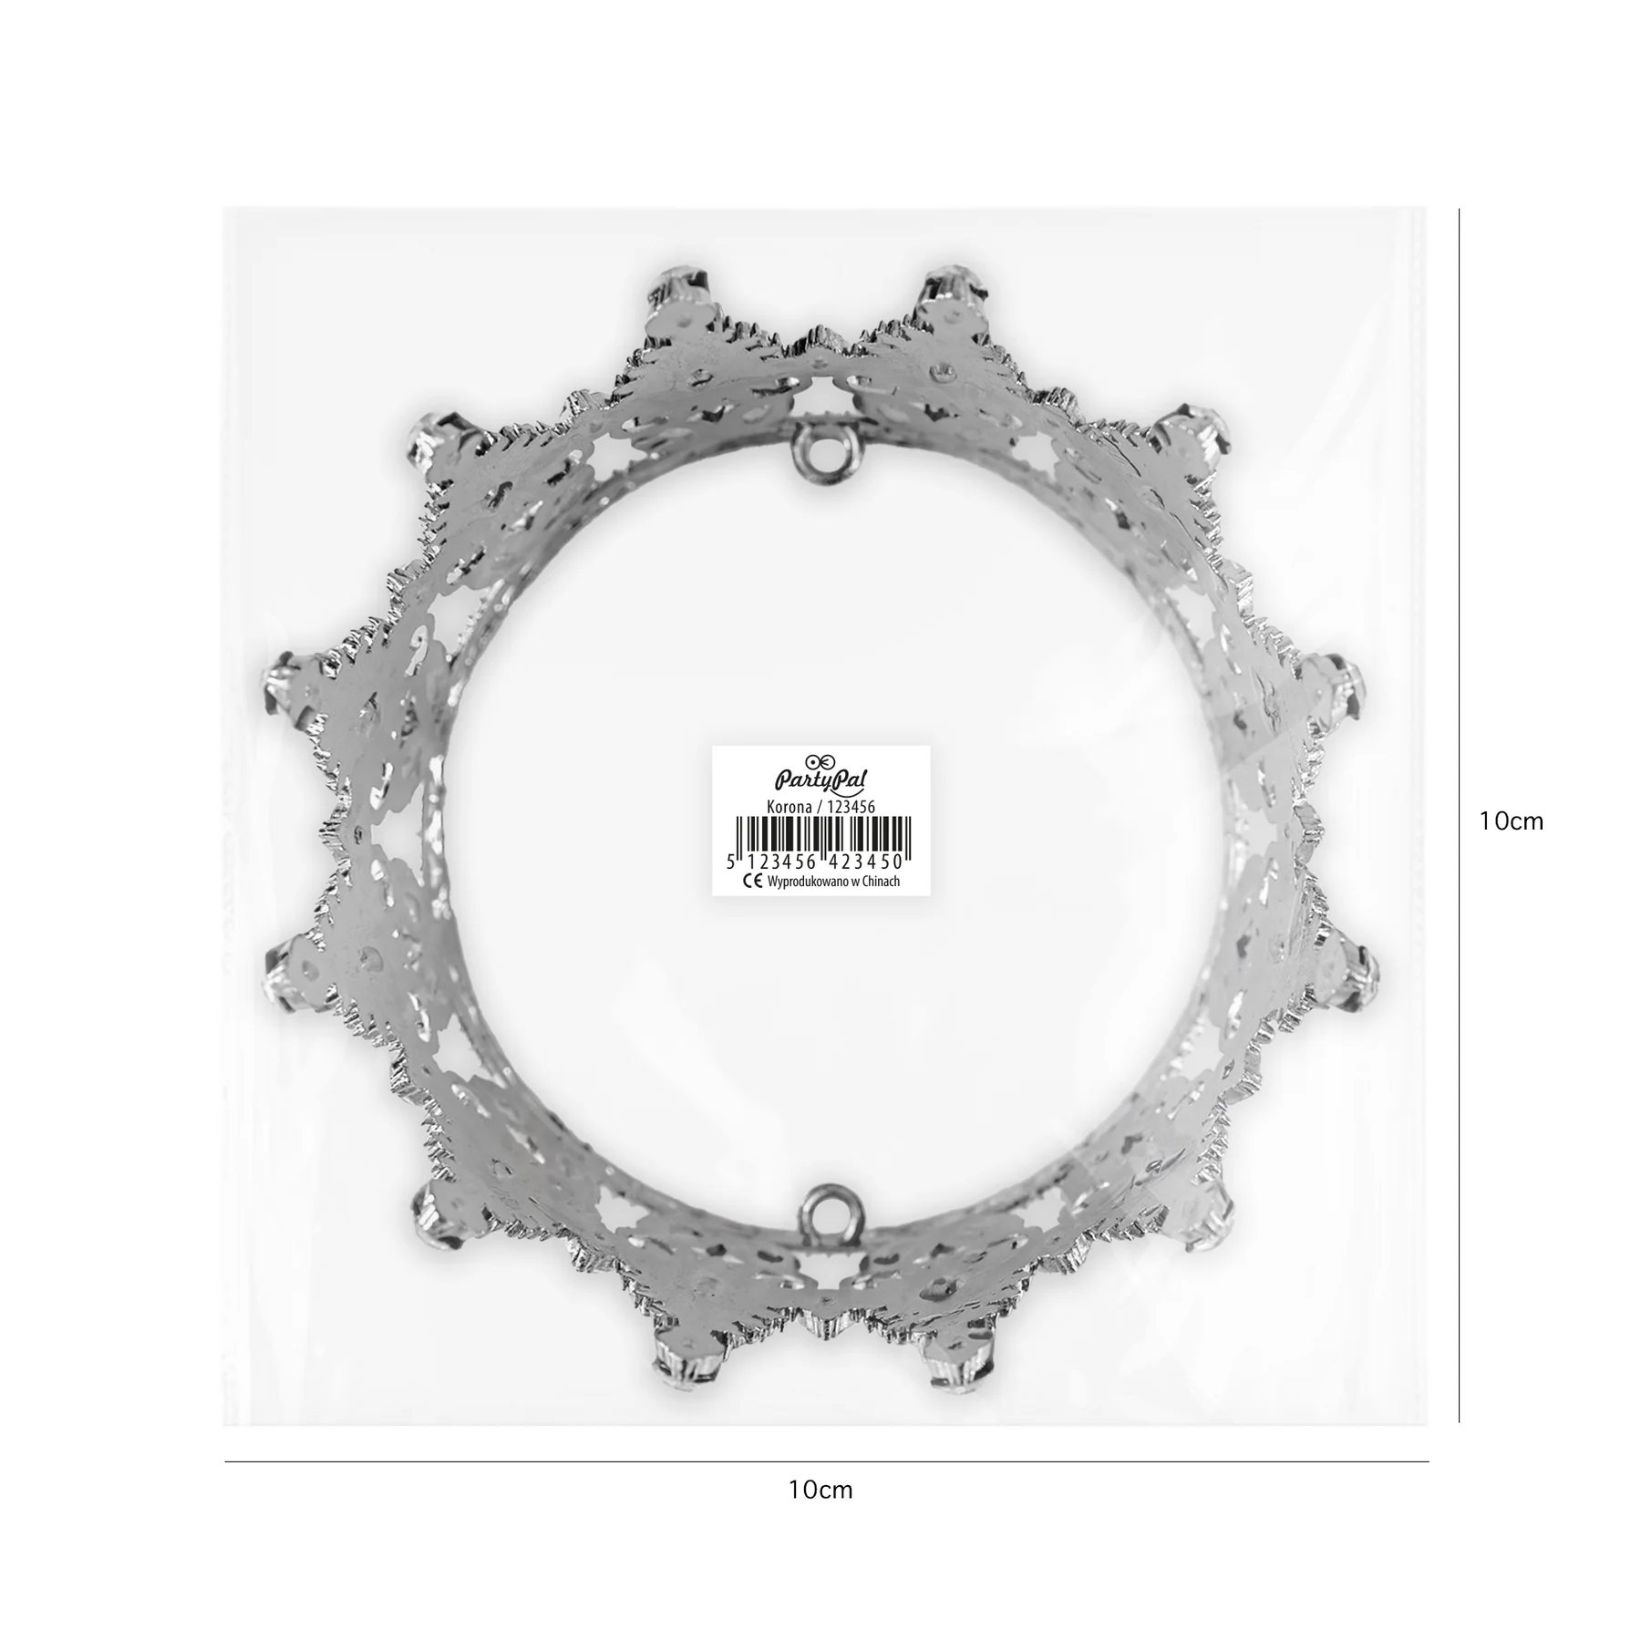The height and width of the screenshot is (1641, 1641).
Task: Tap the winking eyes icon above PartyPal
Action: click(x=820, y=759)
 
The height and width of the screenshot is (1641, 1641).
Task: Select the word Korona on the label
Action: click(x=790, y=807)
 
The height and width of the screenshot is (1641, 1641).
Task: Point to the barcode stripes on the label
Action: click(x=820, y=834)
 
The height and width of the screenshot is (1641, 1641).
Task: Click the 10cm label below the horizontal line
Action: click(x=820, y=1490)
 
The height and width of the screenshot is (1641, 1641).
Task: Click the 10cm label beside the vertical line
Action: click(x=1511, y=820)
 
